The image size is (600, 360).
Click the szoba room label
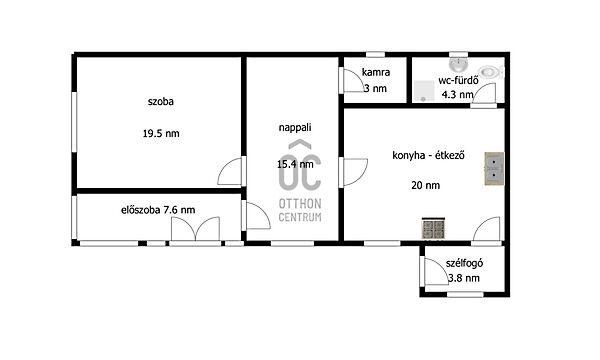(161, 102)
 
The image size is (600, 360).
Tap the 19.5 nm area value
(161, 134)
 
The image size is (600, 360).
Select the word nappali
(295, 128)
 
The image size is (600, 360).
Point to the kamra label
(376, 72)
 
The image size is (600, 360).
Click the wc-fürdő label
(458, 80)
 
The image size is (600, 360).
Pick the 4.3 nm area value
(458, 94)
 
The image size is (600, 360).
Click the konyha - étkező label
(428, 155)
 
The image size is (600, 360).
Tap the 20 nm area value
(426, 186)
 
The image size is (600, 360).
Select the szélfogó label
(464, 264)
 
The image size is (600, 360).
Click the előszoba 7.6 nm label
(158, 210)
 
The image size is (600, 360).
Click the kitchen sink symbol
(494, 169)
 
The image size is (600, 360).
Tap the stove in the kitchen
(433, 228)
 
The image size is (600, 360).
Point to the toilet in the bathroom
(491, 72)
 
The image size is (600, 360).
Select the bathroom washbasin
(458, 65)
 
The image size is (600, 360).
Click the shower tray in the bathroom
(424, 91)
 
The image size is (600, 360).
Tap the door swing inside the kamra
(354, 80)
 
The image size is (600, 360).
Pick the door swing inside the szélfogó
(436, 271)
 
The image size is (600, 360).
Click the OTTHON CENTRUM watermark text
(300, 210)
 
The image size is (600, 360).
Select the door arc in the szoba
(230, 171)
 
